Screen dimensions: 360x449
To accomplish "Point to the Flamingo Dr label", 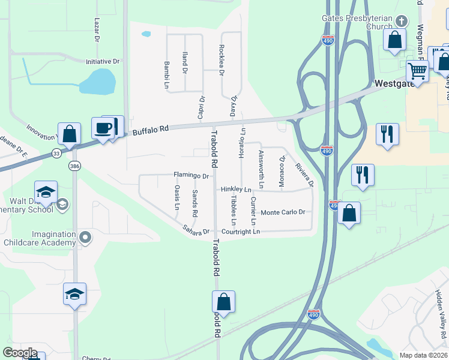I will click(191, 176).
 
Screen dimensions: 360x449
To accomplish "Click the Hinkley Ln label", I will click(236, 190).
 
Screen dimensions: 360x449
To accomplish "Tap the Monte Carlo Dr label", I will click(283, 212).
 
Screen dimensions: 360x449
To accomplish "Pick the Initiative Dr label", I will click(103, 62).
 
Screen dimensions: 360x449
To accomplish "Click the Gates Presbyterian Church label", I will click(357, 23).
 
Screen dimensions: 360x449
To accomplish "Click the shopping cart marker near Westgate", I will click(417, 71).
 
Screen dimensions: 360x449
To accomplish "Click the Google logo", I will click(20, 352).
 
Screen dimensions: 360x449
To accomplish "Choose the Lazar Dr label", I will click(97, 29).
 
